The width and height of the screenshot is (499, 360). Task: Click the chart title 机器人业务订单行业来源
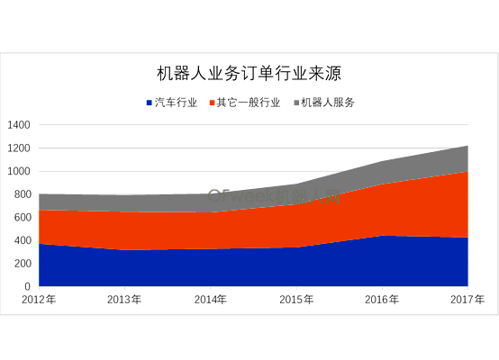point(249,73)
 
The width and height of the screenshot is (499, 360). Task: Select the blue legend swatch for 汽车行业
point(149,103)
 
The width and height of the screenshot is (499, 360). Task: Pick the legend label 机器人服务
point(329,103)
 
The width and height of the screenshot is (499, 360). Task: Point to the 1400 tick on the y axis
point(19,124)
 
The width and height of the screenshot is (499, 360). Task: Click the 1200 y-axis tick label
point(19,148)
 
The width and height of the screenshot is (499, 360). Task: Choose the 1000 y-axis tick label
point(19,171)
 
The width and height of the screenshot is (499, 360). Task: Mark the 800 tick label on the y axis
point(23,193)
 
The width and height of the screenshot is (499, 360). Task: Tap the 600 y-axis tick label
point(23,217)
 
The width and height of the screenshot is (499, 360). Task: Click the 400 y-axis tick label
point(23,240)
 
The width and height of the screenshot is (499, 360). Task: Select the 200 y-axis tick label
point(23,263)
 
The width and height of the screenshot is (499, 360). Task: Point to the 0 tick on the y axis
point(28,286)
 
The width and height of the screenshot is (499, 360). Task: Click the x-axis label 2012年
point(39,300)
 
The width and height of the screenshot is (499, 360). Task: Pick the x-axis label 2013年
point(124,300)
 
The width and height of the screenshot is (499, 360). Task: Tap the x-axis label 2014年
point(210,300)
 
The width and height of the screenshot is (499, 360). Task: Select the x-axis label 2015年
point(296,300)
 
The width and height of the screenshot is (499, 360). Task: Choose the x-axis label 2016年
point(382,300)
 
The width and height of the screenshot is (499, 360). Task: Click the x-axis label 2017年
point(467,300)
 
